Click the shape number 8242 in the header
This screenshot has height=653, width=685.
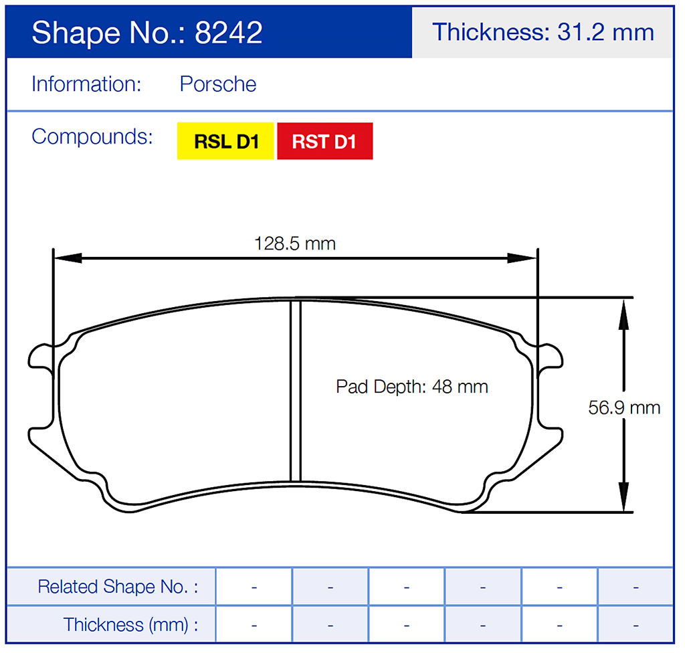(x=228, y=32)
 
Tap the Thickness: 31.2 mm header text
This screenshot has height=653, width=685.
(x=543, y=32)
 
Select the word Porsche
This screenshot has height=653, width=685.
(x=218, y=84)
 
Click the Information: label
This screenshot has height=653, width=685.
(x=86, y=84)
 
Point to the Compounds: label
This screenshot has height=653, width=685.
(x=92, y=136)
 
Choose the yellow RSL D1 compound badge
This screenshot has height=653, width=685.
(x=225, y=141)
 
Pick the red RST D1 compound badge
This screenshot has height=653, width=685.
(x=324, y=141)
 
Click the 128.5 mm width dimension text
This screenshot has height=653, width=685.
(x=295, y=243)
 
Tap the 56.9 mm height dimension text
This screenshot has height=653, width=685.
(x=623, y=407)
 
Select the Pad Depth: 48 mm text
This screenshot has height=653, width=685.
(x=411, y=387)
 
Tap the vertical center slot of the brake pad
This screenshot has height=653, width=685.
(x=295, y=391)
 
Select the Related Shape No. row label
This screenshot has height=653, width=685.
(x=118, y=587)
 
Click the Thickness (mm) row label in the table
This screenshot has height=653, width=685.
(x=130, y=625)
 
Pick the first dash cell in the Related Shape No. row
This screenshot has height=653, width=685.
(x=254, y=587)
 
